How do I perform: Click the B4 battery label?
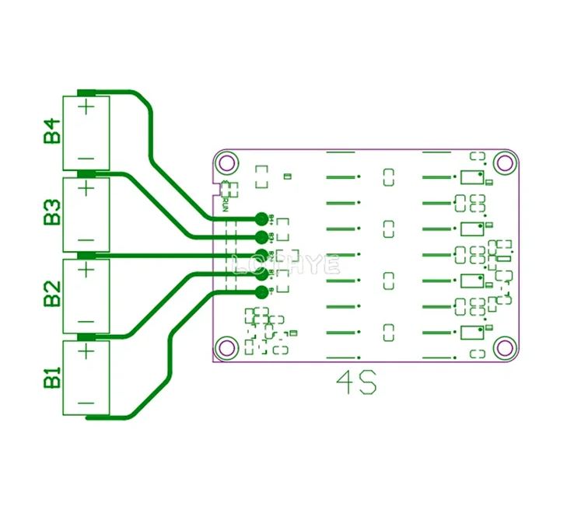(x=52, y=131)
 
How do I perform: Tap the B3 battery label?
(x=52, y=212)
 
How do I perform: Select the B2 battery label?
(x=52, y=296)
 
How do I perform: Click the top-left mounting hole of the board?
(x=227, y=163)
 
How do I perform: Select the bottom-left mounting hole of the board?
(x=227, y=347)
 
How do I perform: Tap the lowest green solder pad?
(x=261, y=292)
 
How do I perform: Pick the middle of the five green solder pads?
(x=261, y=255)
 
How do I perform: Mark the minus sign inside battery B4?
(x=86, y=159)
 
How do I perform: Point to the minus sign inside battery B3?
(x=86, y=239)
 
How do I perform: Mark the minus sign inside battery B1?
(x=86, y=403)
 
